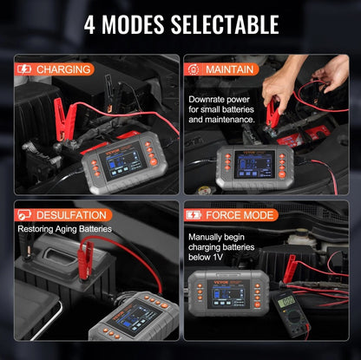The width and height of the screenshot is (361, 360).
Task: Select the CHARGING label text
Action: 63,69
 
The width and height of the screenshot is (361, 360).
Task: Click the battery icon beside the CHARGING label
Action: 23,69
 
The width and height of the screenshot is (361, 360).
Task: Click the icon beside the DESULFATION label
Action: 24,215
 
